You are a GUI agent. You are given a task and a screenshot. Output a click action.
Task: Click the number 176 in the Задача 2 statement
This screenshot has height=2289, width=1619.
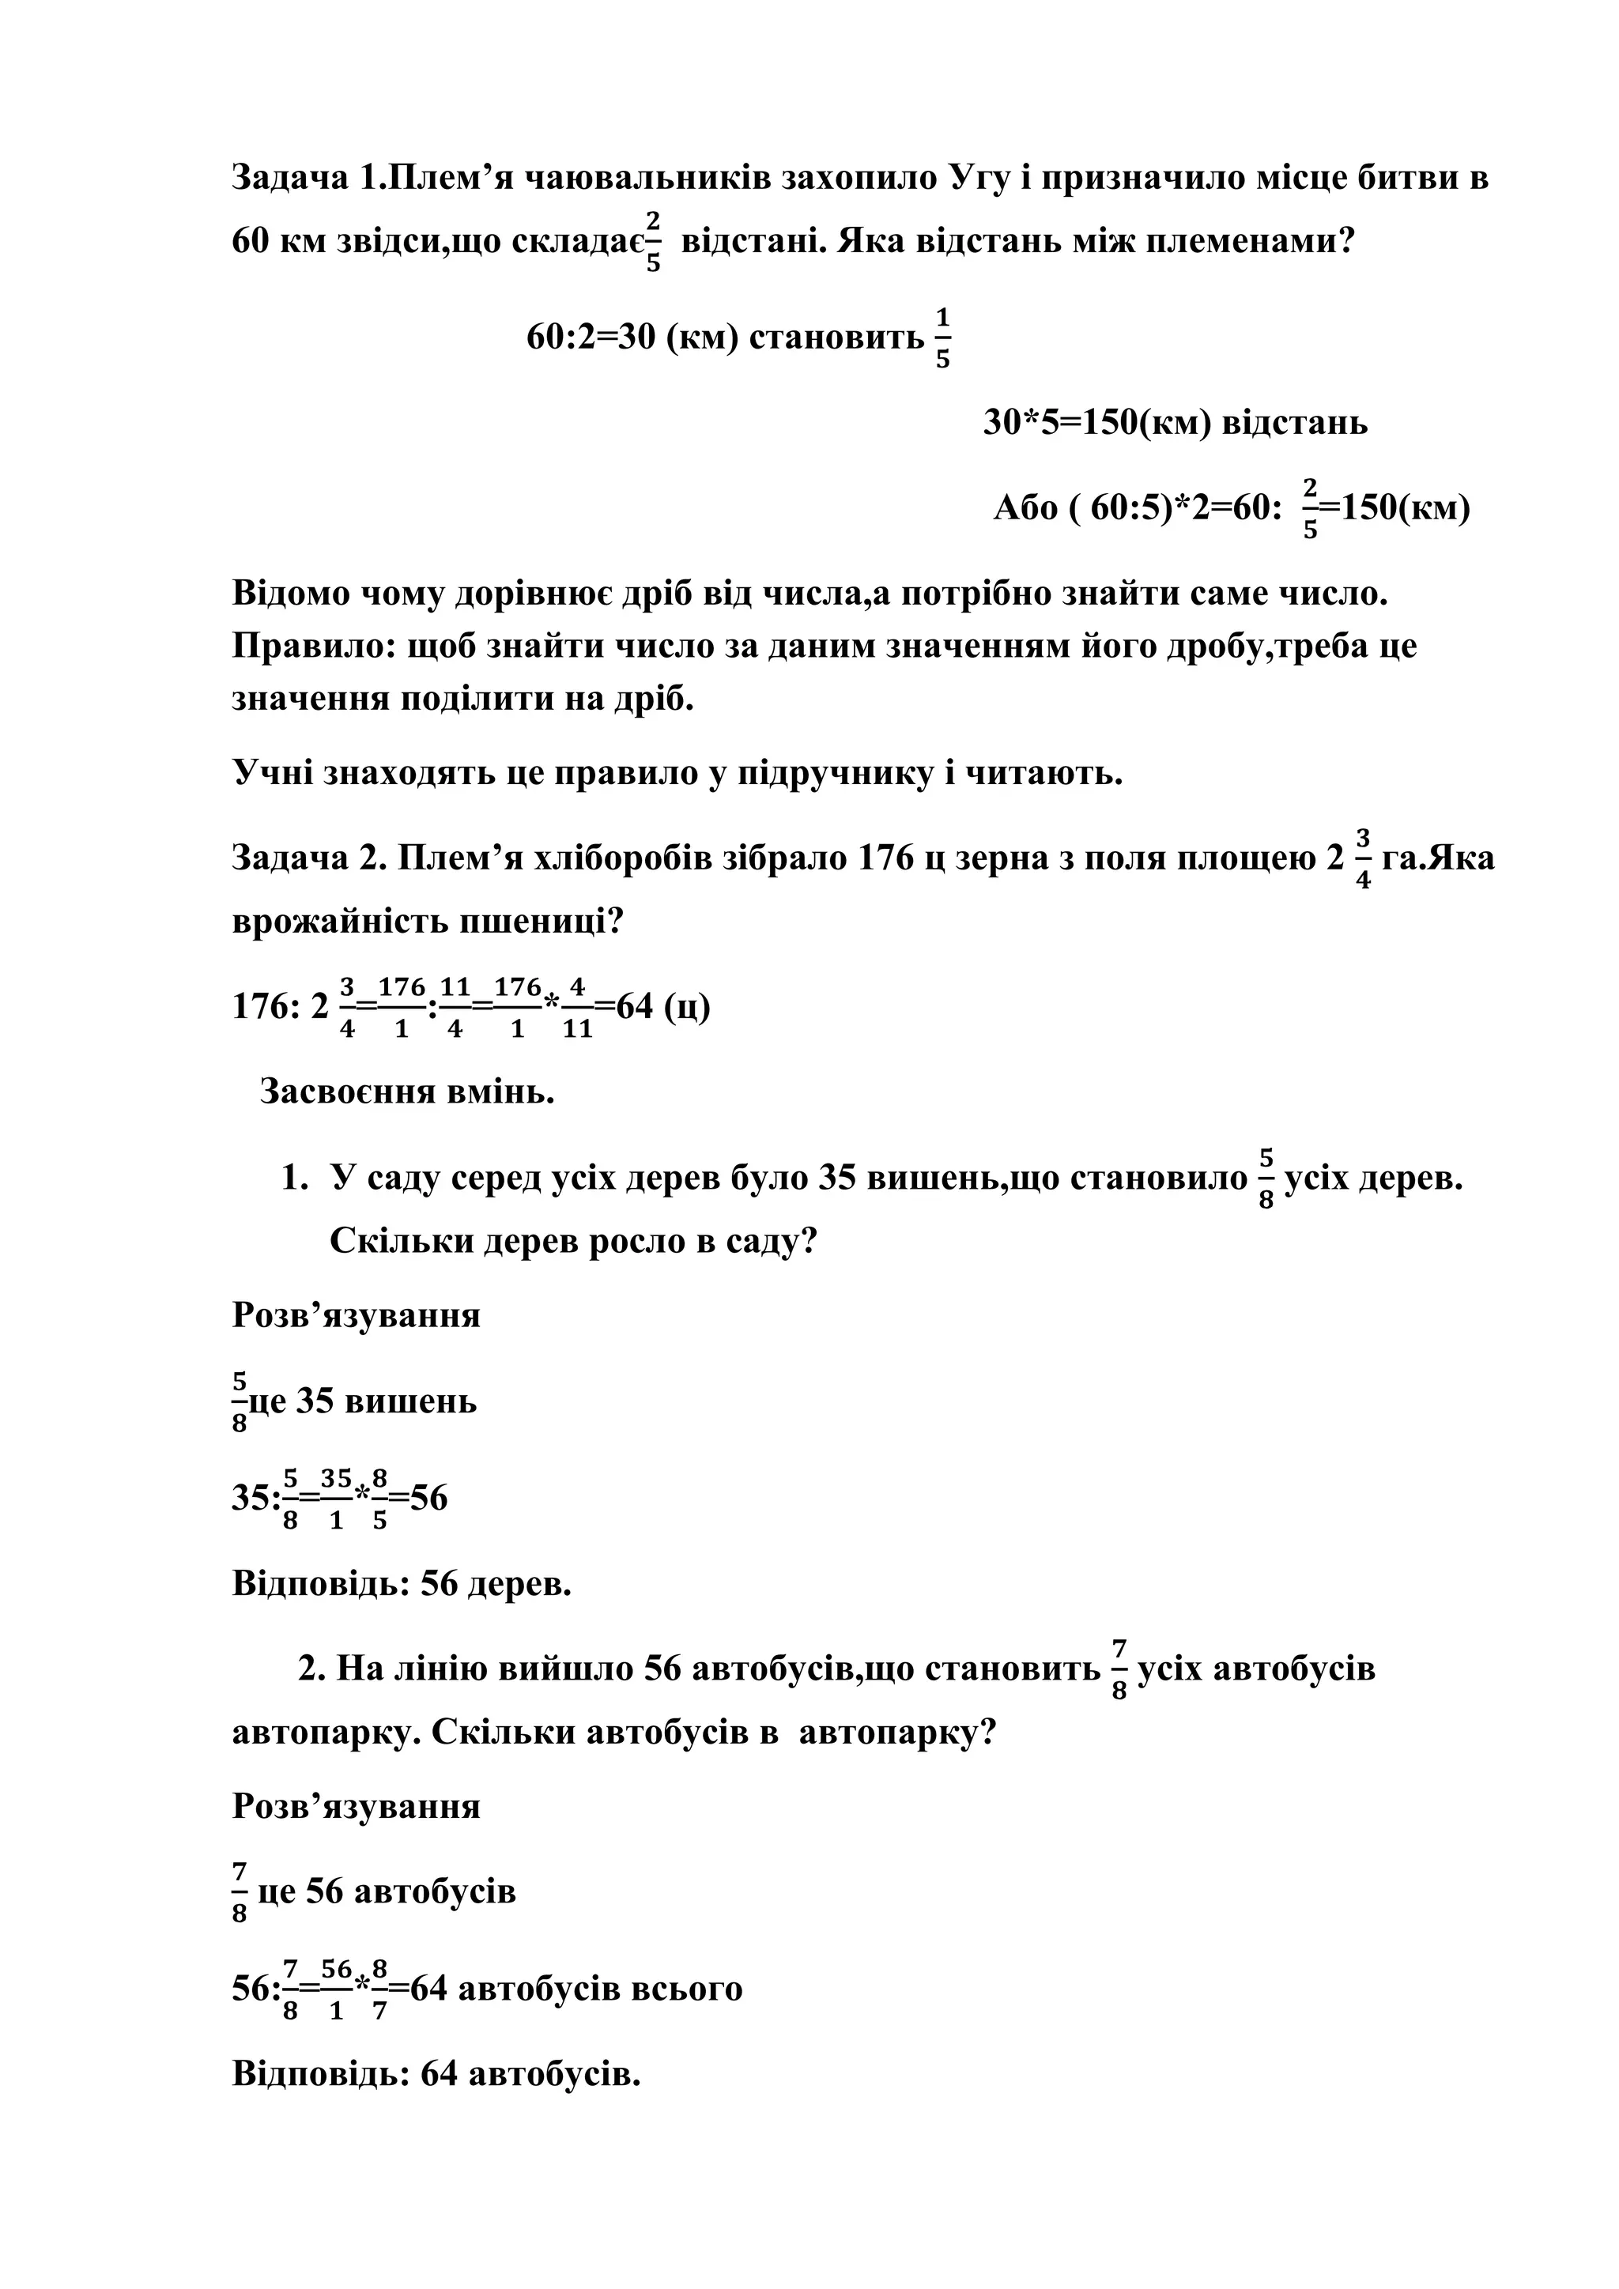[x=885, y=858]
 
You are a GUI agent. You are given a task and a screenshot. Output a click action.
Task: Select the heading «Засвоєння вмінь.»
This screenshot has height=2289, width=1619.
[x=407, y=1092]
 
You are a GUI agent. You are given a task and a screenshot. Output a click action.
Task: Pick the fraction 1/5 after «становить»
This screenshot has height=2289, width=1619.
[x=942, y=339]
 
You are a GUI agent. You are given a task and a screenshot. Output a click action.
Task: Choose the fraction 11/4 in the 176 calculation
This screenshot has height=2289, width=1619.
[x=454, y=1008]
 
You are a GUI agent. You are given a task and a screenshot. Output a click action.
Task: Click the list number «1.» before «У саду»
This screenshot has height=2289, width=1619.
[x=294, y=1179]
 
